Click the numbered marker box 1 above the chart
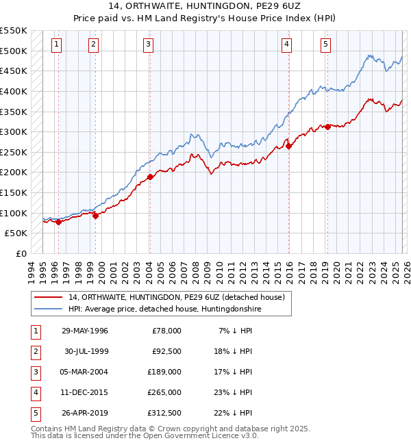click(x=56, y=44)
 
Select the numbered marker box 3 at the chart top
click(x=149, y=44)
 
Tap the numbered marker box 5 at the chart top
click(x=325, y=44)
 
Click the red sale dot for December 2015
click(x=288, y=146)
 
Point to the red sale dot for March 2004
click(x=150, y=177)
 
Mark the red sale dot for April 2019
click(x=328, y=127)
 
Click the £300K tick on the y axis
click(x=14, y=131)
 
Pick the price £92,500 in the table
click(x=166, y=351)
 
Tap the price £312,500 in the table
click(x=164, y=413)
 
